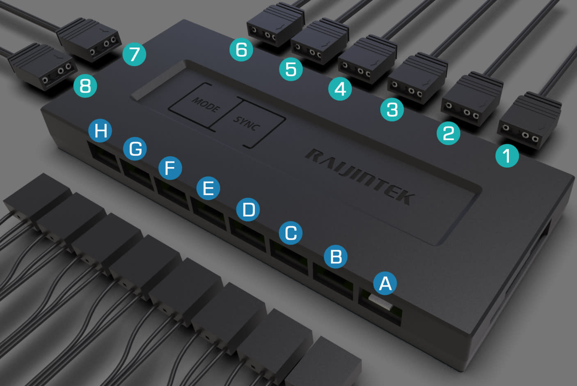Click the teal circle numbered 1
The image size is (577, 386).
(x=507, y=156)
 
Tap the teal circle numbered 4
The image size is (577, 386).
(x=340, y=89)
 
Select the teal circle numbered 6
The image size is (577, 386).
(x=241, y=49)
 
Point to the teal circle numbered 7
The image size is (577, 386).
(x=134, y=54)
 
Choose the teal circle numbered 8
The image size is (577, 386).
(x=85, y=86)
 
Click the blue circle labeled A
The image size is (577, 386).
(x=385, y=283)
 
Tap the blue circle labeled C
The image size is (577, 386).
(x=291, y=233)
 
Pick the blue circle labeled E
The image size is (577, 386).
(x=208, y=188)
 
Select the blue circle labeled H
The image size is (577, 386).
(x=100, y=131)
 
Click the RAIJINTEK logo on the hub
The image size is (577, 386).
(x=360, y=177)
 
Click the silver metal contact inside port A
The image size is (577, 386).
(x=380, y=302)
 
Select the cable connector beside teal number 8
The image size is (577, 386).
(x=43, y=67)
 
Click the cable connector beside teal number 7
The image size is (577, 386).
(x=89, y=39)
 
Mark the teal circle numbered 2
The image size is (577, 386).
(x=449, y=133)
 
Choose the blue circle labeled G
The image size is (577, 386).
(x=135, y=149)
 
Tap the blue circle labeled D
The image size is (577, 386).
(x=248, y=209)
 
